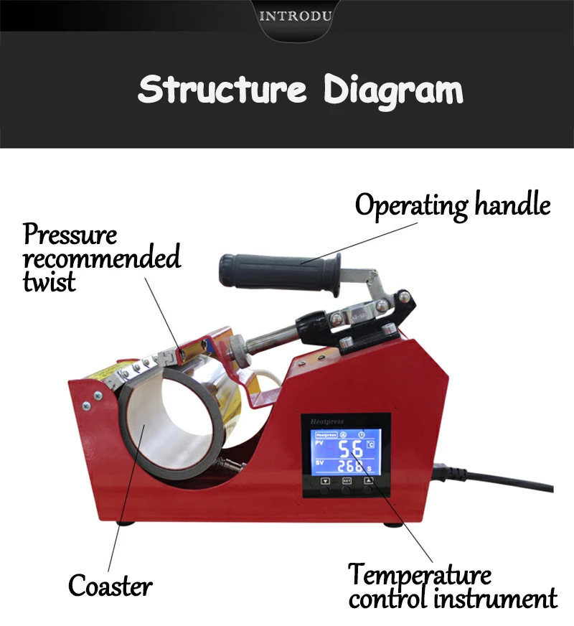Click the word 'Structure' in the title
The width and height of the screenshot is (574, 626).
(x=222, y=91)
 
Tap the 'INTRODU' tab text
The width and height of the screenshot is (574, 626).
(x=295, y=17)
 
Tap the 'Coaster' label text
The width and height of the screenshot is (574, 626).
(x=110, y=586)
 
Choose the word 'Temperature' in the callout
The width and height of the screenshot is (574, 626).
(x=420, y=575)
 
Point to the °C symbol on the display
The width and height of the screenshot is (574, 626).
(x=370, y=446)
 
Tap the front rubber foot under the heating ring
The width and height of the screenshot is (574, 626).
(x=126, y=522)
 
